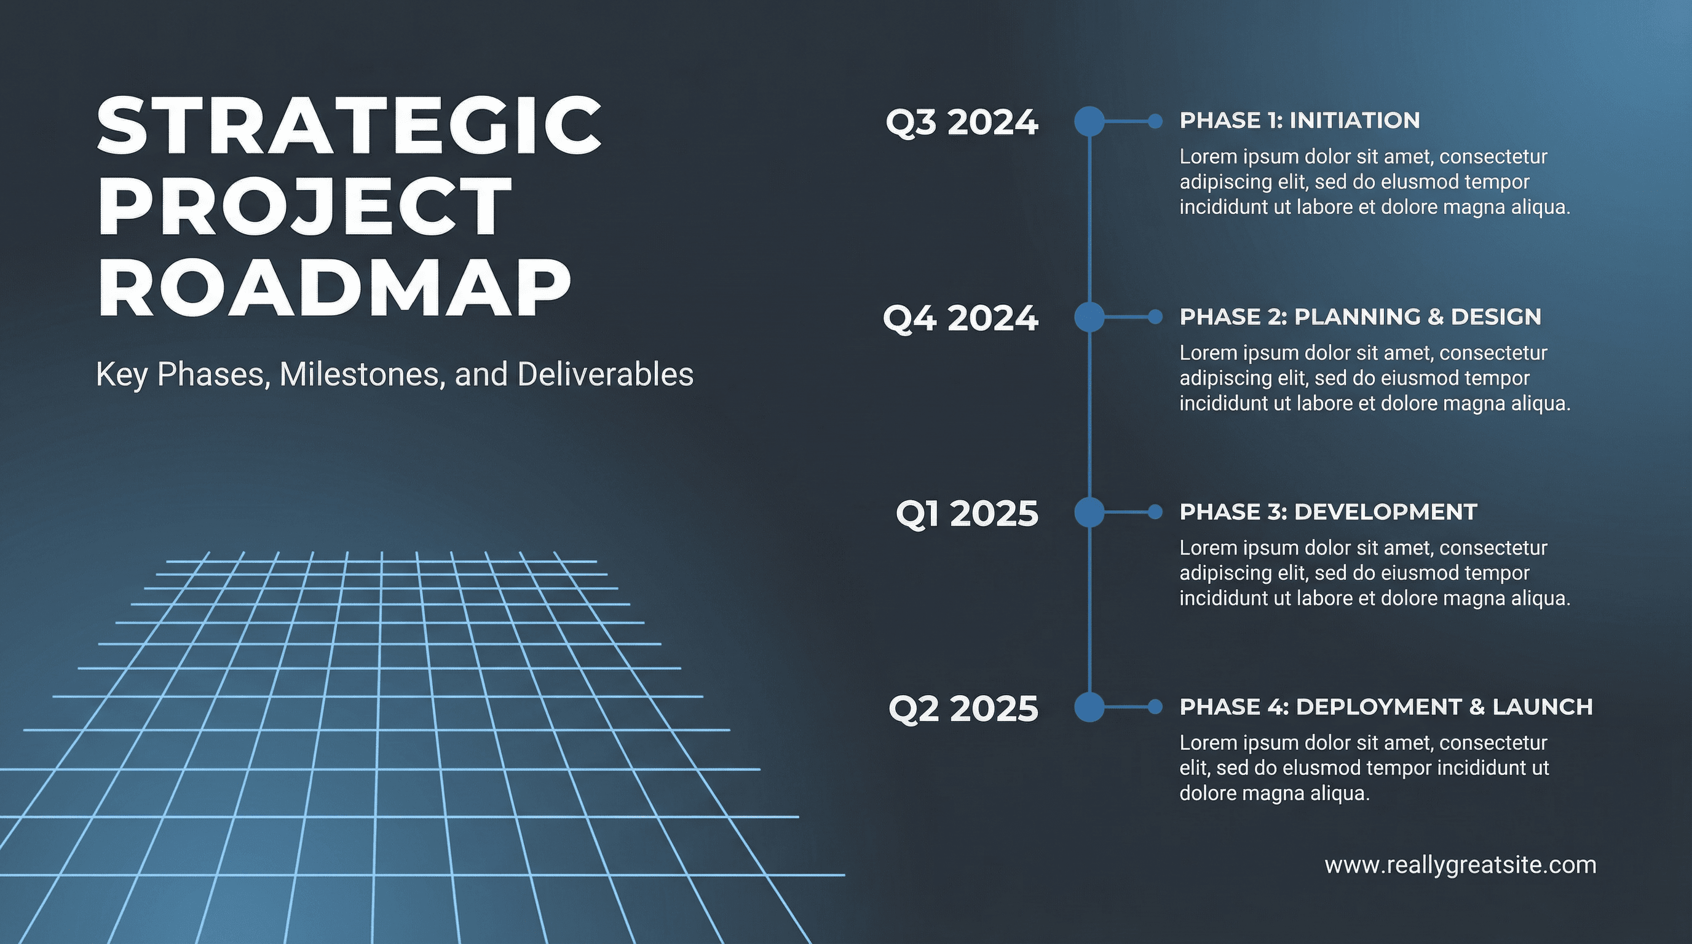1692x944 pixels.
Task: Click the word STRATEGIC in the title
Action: (349, 125)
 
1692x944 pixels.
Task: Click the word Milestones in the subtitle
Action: (360, 374)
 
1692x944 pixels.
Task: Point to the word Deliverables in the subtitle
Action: (605, 374)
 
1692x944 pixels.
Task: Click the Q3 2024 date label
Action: (962, 123)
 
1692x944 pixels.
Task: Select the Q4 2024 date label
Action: (960, 318)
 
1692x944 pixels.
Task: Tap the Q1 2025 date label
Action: (967, 513)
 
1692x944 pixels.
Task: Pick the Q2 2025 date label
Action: (963, 709)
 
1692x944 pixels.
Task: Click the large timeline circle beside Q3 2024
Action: (1089, 122)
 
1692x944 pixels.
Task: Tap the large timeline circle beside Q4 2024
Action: (1089, 317)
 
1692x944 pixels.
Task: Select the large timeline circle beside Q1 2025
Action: (1089, 512)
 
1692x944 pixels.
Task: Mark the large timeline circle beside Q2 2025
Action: (1089, 707)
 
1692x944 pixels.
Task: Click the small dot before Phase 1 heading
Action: (1155, 122)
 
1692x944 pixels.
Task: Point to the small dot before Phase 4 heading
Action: (1155, 707)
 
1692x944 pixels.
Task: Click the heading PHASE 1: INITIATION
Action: (1299, 121)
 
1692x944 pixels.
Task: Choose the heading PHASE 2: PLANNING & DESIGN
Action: (1359, 317)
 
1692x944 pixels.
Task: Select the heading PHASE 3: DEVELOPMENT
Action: (1328, 512)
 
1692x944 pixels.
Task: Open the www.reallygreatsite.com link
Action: (1460, 865)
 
